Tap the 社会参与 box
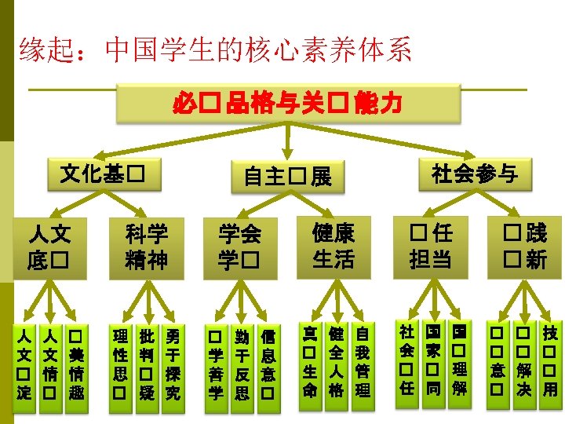[474, 174]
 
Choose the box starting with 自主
[287, 177]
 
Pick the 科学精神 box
[147, 246]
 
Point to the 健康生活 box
[333, 245]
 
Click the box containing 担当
[430, 246]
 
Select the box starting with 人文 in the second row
[49, 246]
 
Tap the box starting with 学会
[239, 246]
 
